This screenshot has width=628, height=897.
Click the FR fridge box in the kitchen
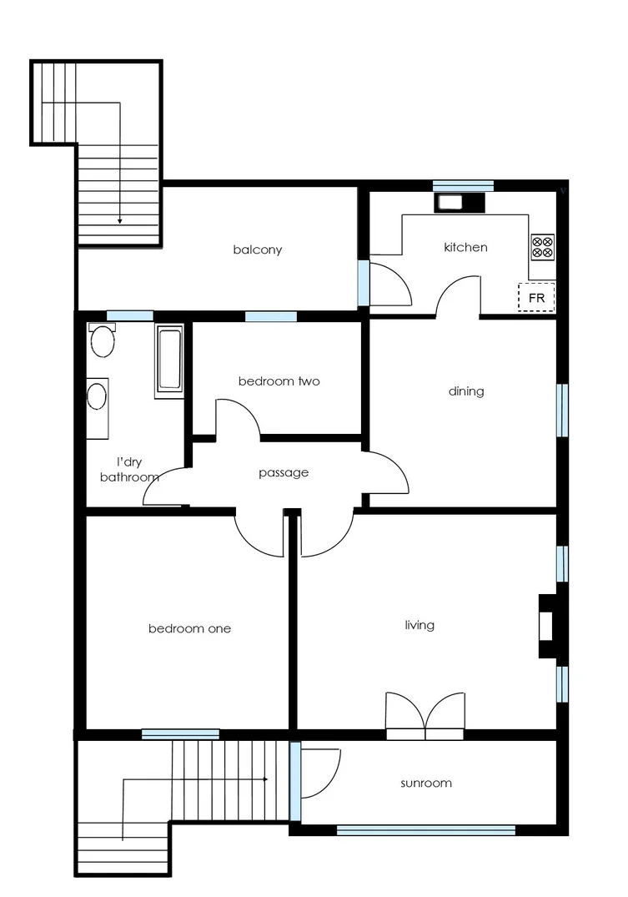tap(536, 298)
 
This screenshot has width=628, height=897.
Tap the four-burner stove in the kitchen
tap(542, 246)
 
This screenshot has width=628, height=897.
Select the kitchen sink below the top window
tap(451, 202)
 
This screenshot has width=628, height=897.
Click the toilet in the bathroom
tap(103, 340)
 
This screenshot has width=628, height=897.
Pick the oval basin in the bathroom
tap(98, 396)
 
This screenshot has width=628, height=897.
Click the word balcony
tap(257, 249)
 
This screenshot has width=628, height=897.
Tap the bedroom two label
tap(279, 381)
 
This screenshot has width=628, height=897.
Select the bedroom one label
tap(189, 628)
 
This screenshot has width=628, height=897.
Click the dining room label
tap(466, 391)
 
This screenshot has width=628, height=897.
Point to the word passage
tap(284, 472)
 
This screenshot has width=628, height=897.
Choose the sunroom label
tap(425, 783)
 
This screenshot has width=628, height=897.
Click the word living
tap(420, 624)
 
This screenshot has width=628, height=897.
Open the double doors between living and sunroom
tap(425, 718)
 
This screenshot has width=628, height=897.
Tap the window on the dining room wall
tap(562, 410)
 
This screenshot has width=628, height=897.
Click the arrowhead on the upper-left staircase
tap(120, 221)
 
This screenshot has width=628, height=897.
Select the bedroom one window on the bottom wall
tap(180, 734)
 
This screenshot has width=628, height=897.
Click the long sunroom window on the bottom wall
tap(425, 830)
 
